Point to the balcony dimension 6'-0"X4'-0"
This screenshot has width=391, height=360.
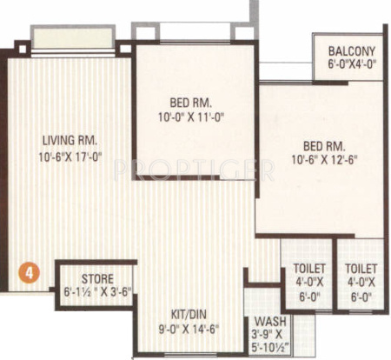tap(352, 64)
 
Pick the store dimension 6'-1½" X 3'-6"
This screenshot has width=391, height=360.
tap(96, 291)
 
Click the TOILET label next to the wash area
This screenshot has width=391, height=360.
tap(305, 269)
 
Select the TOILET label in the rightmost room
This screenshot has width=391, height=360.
tap(361, 269)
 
